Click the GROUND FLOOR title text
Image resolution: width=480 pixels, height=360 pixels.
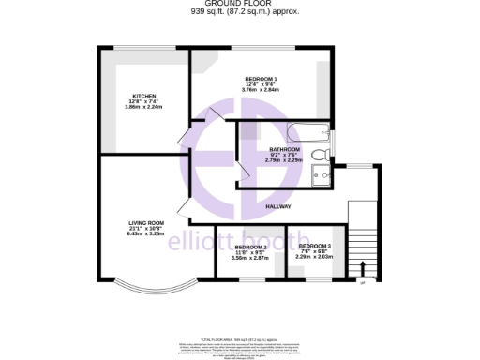tap(239, 5)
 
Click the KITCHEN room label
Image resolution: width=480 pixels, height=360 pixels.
tap(143, 96)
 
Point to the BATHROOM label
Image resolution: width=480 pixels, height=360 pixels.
tap(284, 149)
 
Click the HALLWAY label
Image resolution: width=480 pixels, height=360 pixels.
tap(278, 206)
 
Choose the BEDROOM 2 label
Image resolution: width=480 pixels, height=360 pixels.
tap(250, 247)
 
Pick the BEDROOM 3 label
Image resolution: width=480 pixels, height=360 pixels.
tap(316, 246)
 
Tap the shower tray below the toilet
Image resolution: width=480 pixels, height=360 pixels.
tap(321, 175)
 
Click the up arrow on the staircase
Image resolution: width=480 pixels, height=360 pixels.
tap(362, 267)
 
